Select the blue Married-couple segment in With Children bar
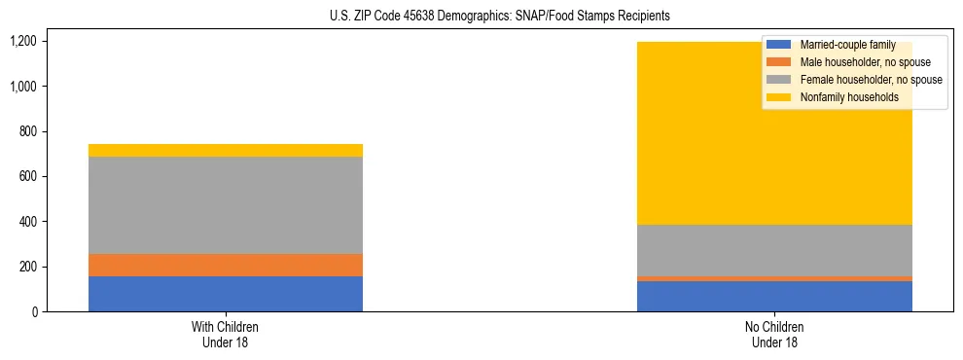click(x=226, y=294)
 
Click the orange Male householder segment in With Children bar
click(x=226, y=265)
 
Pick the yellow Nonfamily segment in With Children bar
click(x=226, y=150)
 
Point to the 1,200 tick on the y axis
click(x=23, y=42)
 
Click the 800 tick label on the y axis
click(x=28, y=131)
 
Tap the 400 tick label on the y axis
click(x=28, y=222)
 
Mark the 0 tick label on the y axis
click(x=34, y=312)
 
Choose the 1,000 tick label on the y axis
click(x=23, y=87)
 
